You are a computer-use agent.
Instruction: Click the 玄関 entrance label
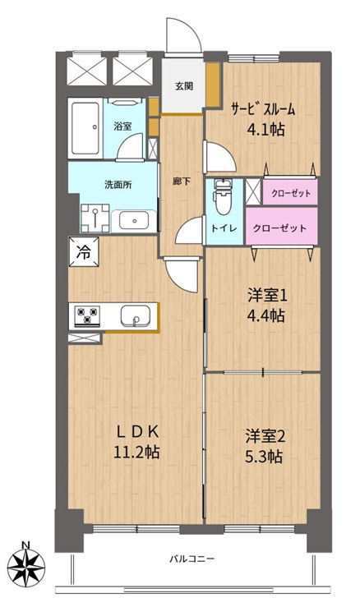point(183,86)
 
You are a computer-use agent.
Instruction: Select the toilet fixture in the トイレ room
point(223,195)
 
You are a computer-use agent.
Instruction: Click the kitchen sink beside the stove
point(135,316)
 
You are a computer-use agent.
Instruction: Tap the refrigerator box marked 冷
point(83,252)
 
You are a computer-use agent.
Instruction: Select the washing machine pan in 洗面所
point(95,218)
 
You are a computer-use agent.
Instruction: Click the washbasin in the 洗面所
point(134,221)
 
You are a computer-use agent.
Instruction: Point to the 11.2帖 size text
point(136,453)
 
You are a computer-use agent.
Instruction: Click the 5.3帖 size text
point(263,456)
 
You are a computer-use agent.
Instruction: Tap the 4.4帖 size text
point(265,315)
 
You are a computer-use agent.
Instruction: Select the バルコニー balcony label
point(192,559)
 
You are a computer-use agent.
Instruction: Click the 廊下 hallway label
point(182,182)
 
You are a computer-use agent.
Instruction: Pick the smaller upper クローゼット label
point(291,193)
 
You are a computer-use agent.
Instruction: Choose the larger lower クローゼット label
point(279,228)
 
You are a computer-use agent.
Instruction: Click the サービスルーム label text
point(263,109)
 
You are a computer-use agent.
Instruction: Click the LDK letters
point(137,432)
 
